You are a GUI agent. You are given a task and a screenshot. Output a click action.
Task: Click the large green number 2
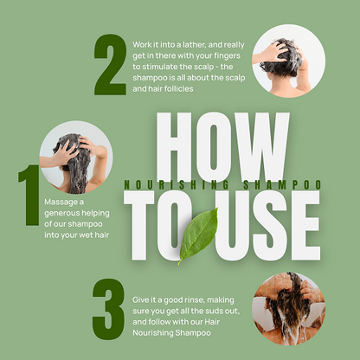(110, 65)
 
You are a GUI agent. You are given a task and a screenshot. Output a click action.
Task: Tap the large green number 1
(29, 195)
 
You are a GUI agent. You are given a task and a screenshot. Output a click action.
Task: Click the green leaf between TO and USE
(198, 236)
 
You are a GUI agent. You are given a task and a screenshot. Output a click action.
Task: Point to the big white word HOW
(222, 147)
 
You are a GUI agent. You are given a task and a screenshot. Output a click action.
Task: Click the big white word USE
(267, 226)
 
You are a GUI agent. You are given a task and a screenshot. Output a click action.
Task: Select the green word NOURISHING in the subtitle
(177, 185)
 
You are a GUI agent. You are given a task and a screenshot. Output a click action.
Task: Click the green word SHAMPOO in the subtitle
(282, 185)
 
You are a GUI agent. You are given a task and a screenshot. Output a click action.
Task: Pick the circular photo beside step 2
(289, 61)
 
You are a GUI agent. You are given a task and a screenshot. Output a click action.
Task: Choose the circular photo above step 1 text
(76, 157)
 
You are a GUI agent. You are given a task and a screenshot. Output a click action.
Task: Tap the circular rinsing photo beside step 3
(289, 309)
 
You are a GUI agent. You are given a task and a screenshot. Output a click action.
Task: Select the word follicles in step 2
(179, 89)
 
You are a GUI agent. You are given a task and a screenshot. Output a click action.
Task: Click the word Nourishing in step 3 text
(153, 333)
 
